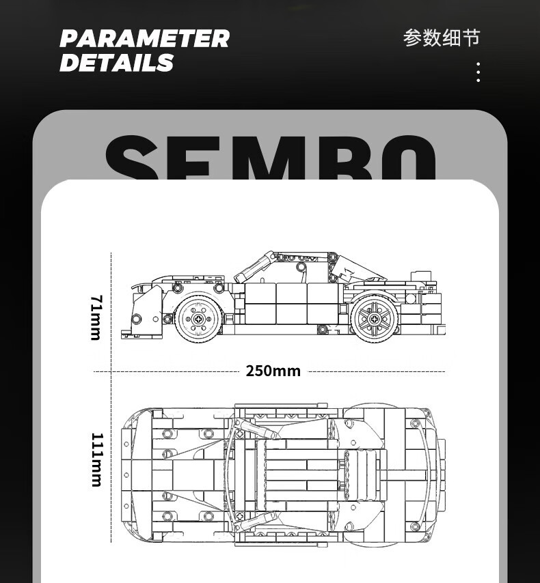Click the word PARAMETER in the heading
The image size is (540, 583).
(x=144, y=38)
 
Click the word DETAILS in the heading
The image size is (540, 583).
(x=117, y=62)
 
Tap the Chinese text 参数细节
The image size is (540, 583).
(x=442, y=38)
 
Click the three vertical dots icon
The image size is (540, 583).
(x=478, y=72)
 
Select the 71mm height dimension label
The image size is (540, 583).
(x=96, y=318)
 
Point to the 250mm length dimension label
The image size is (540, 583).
(x=273, y=371)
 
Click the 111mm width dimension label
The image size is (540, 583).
(x=96, y=459)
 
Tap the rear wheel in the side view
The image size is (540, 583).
(x=374, y=318)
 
